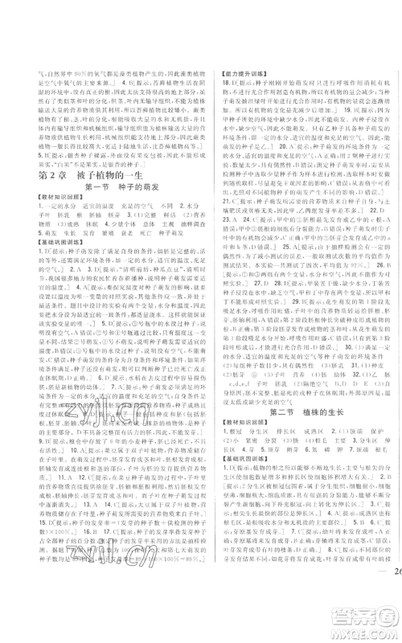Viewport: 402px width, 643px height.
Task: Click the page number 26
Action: point(383,618)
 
